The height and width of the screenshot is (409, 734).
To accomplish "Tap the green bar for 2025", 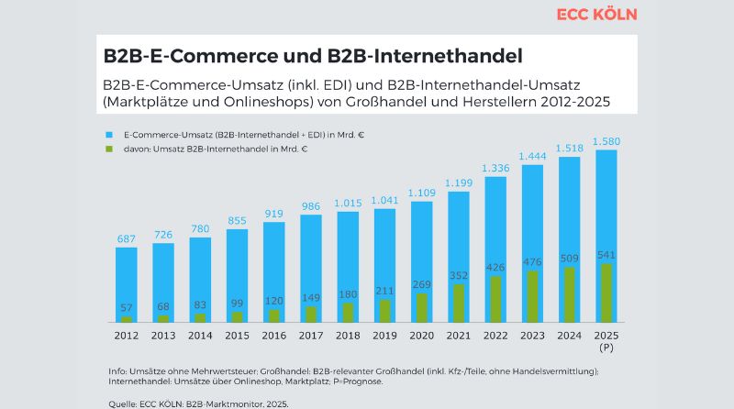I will point(606,293).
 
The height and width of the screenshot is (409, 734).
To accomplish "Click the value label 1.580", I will point(606,140).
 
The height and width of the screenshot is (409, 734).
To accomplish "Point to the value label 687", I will point(127,238).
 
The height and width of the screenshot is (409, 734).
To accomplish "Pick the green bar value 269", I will point(421,284).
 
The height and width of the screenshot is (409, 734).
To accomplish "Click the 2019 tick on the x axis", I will point(384,336).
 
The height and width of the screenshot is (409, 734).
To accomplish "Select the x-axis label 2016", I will point(274,336).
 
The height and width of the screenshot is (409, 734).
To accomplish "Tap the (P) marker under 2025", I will point(606,348).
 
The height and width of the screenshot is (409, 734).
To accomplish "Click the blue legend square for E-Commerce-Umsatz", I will point(108,135).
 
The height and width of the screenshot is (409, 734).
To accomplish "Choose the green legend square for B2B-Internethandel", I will point(108,148).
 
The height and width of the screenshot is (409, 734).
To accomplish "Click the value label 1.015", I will point(348,203).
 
